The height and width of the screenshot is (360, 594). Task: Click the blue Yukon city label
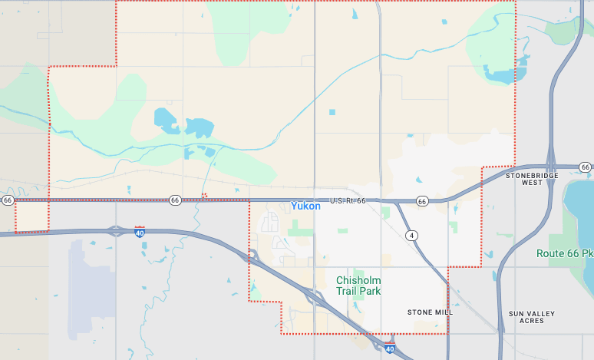click(305, 206)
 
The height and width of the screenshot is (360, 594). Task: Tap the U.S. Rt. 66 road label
click(348, 200)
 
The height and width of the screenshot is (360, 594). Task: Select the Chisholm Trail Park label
click(358, 286)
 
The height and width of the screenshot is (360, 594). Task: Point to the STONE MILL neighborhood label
click(430, 312)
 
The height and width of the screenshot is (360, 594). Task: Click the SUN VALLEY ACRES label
click(531, 317)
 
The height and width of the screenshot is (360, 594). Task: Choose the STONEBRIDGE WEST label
click(529, 179)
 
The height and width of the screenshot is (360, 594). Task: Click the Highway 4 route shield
click(413, 235)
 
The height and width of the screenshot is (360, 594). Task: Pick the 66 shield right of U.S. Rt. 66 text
click(422, 201)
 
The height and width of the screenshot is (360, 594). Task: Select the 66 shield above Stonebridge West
click(585, 167)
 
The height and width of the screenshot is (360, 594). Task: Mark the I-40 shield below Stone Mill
click(390, 348)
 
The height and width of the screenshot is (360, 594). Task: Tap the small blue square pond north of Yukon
click(332, 112)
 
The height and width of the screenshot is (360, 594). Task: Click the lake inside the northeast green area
click(503, 77)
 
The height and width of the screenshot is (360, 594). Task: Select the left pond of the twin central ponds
click(166, 119)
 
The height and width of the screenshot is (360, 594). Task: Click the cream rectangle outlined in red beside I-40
click(31, 216)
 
